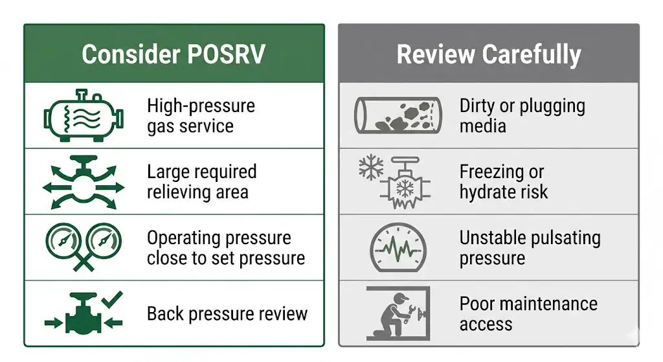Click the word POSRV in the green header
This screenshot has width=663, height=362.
[x=226, y=54]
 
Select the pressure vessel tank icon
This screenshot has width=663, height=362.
[x=84, y=115]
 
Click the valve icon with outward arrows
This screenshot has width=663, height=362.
[x=84, y=182]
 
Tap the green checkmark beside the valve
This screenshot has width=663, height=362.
[x=112, y=299]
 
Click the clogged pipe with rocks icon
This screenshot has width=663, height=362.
[x=398, y=115]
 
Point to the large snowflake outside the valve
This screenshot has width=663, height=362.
[x=371, y=168]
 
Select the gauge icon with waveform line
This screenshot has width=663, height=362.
[x=398, y=247]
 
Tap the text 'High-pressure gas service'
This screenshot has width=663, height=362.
[x=201, y=115]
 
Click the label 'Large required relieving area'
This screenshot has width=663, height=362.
[x=202, y=182]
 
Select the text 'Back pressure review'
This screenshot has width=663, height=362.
[x=227, y=314]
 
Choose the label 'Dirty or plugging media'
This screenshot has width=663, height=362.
[x=523, y=115]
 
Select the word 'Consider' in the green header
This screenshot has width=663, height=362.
[x=131, y=54]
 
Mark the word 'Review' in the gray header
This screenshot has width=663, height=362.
[x=436, y=54]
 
